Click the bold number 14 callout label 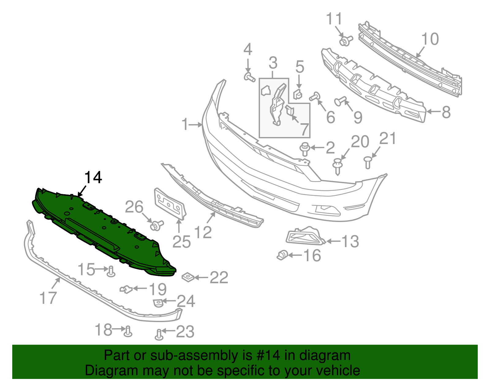tap(93, 178)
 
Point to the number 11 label tap(334, 19)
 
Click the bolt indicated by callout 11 tap(345, 40)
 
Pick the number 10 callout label tap(430, 39)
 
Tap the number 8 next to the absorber tap(446, 112)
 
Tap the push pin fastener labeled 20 tap(337, 165)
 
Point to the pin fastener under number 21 tap(368, 162)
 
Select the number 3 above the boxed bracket tap(273, 63)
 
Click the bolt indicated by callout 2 tap(305, 149)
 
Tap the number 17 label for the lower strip tap(48, 298)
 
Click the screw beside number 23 tap(159, 335)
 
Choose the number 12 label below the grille tap(203, 232)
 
